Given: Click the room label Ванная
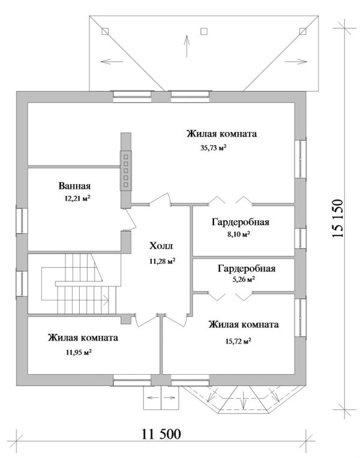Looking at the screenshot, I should [x=74, y=185].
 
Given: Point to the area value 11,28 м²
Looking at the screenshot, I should [x=162, y=261].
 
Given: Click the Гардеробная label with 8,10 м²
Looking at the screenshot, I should [x=239, y=222].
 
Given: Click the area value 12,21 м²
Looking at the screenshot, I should [x=79, y=198].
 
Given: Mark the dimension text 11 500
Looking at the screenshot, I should [x=161, y=433].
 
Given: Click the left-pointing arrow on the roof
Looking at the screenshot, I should [x=109, y=61].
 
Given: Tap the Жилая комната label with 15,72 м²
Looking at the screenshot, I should [x=243, y=325].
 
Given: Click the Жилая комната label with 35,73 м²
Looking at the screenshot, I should [x=221, y=134].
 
